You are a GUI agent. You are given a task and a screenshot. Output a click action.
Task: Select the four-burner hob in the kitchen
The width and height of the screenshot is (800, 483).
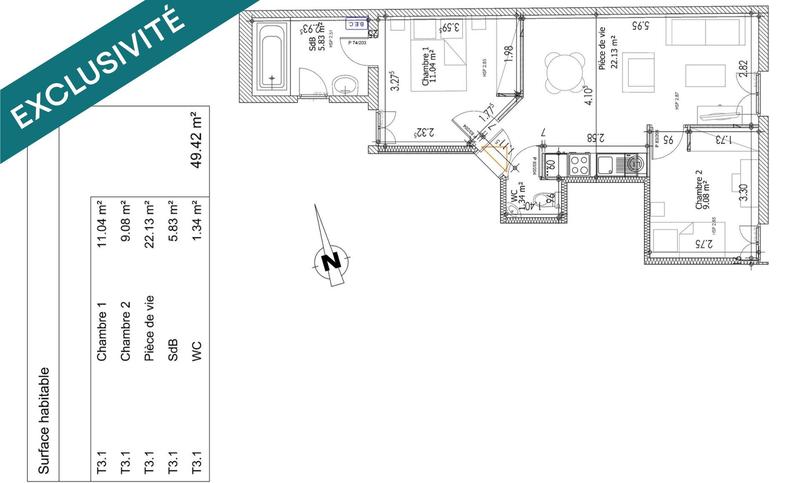pyautogui.click(x=581, y=162)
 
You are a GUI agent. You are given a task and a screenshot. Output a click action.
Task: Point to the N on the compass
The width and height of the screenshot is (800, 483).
pyautogui.click(x=328, y=262)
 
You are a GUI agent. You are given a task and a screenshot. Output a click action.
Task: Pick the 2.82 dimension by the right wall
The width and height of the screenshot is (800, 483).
pyautogui.click(x=742, y=70)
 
